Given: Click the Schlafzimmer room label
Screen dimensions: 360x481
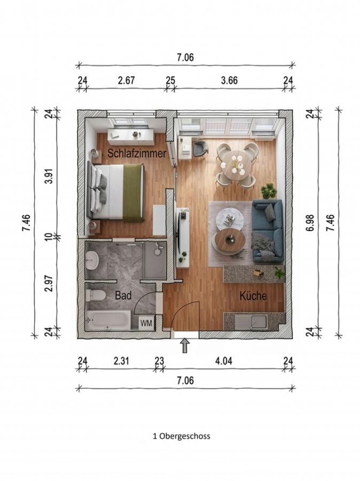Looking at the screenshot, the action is click(137, 153).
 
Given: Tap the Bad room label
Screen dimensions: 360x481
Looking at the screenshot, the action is click(123, 296).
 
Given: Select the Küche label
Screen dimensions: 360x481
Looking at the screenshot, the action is click(253, 296).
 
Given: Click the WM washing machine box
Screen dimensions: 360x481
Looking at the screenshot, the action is click(146, 323).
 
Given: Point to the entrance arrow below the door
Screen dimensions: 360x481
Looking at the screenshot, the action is click(185, 346).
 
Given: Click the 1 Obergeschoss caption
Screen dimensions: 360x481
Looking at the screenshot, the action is click(182, 436).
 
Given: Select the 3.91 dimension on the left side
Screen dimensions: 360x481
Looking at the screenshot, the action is click(49, 176).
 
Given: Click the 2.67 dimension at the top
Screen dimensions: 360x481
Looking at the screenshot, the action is click(127, 80).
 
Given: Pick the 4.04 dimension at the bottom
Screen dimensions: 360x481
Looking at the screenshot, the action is click(224, 361).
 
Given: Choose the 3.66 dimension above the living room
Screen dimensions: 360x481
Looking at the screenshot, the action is click(229, 80).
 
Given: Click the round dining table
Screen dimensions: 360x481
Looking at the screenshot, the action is click(236, 165).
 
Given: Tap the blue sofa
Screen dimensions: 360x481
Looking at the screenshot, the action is click(268, 231).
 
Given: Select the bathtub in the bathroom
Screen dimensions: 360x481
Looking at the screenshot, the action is click(109, 320).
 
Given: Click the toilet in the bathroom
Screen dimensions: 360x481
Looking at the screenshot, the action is click(96, 296).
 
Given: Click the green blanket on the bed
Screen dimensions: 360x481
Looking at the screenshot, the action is click(134, 192).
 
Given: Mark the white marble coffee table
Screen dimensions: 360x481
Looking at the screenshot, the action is click(230, 218).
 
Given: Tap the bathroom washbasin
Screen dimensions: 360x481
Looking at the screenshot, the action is click(92, 260).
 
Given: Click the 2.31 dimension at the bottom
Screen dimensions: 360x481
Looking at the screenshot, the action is click(121, 361).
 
